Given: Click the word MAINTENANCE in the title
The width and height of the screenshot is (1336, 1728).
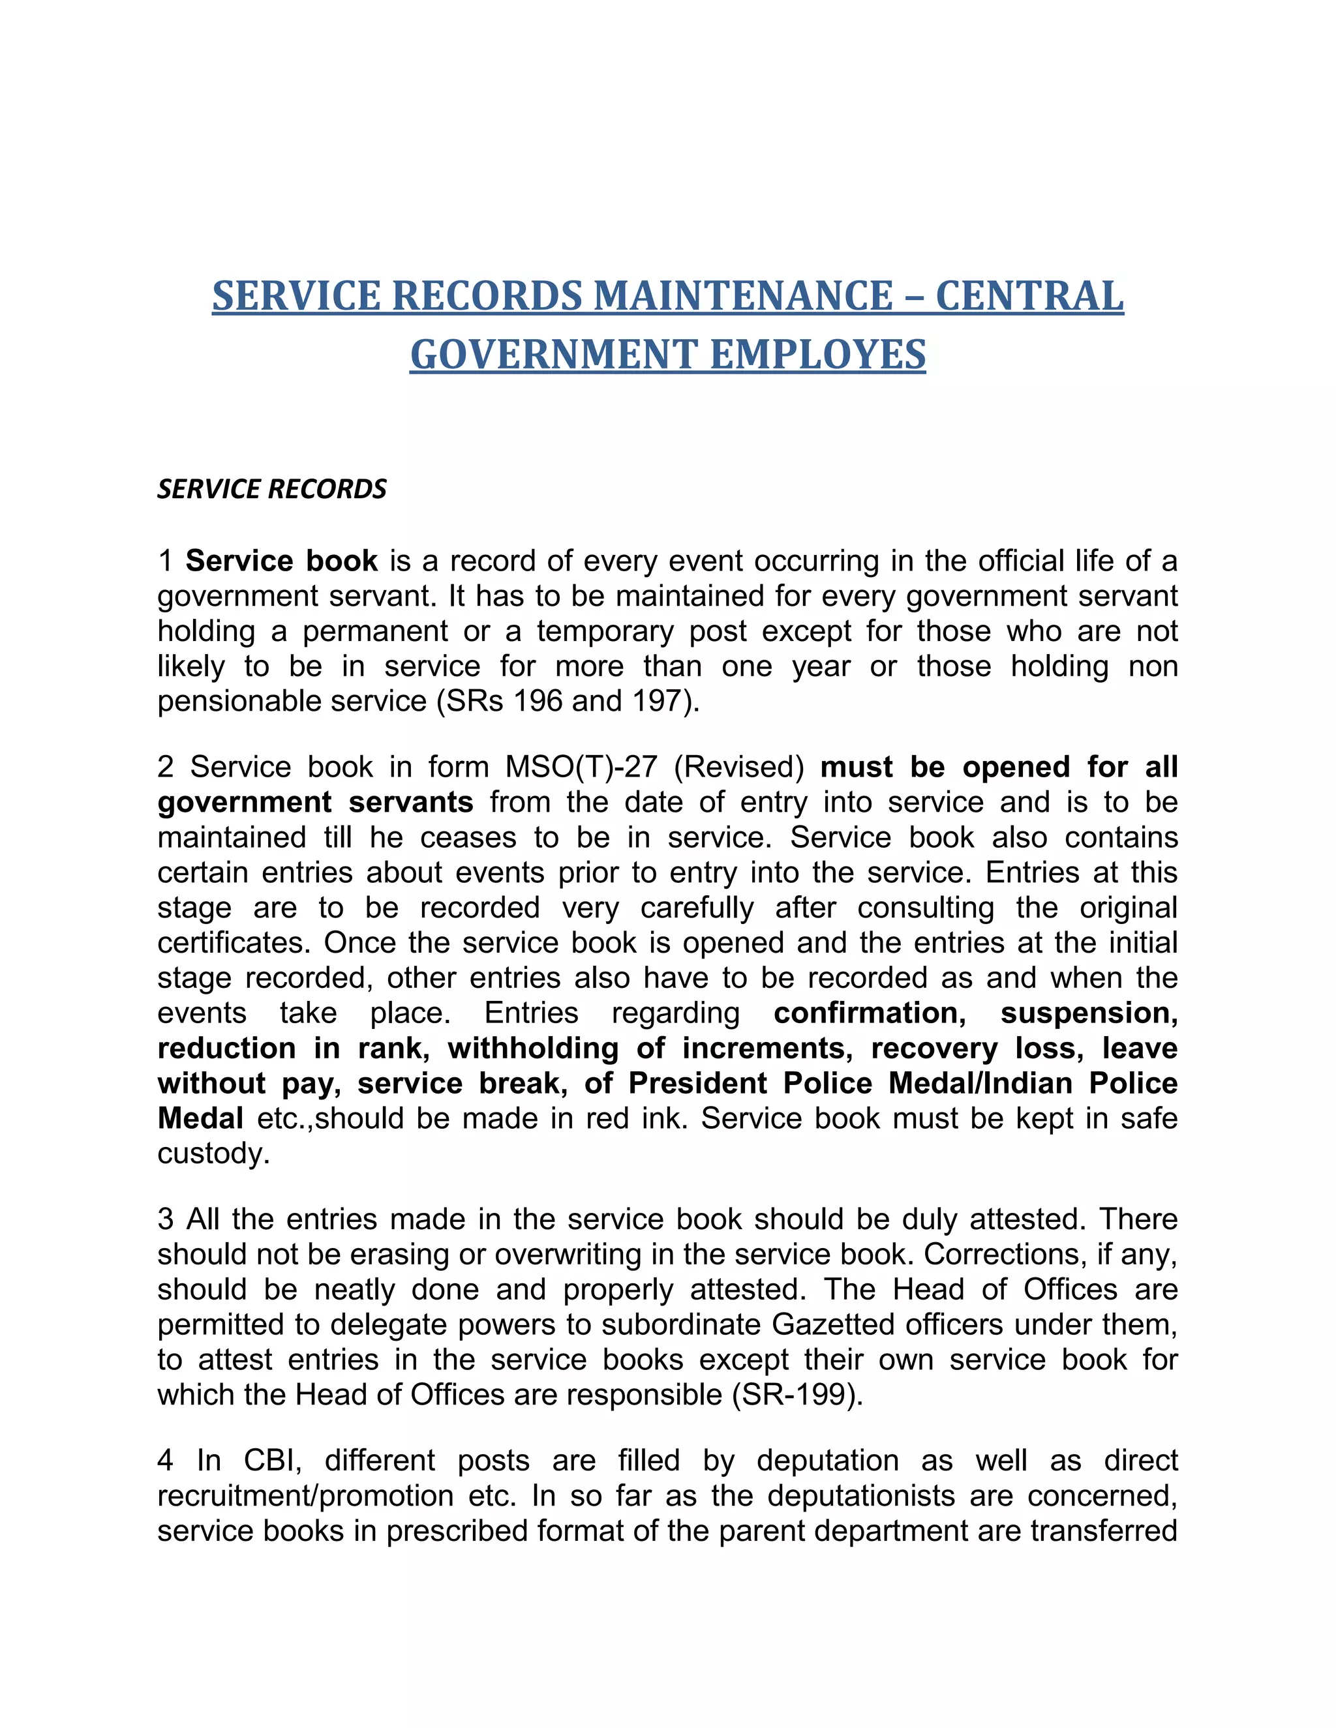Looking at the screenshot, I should pos(743,296).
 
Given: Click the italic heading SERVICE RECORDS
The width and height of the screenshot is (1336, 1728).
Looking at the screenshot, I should pos(272,489).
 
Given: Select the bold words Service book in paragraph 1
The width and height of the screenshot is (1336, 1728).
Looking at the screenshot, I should pos(282,561).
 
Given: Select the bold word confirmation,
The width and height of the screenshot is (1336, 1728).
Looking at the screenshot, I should pos(869,1013).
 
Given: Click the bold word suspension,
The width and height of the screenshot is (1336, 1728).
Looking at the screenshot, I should pos(1089,1013).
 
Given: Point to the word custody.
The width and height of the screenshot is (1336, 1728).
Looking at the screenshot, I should pos(214,1154).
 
